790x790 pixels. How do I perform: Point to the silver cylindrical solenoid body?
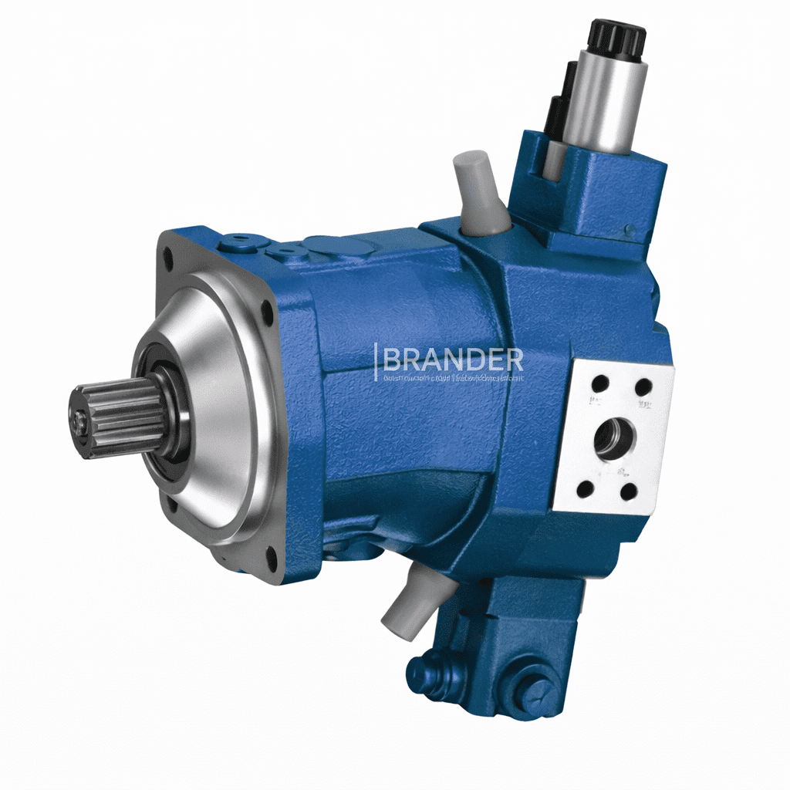[605, 100]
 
